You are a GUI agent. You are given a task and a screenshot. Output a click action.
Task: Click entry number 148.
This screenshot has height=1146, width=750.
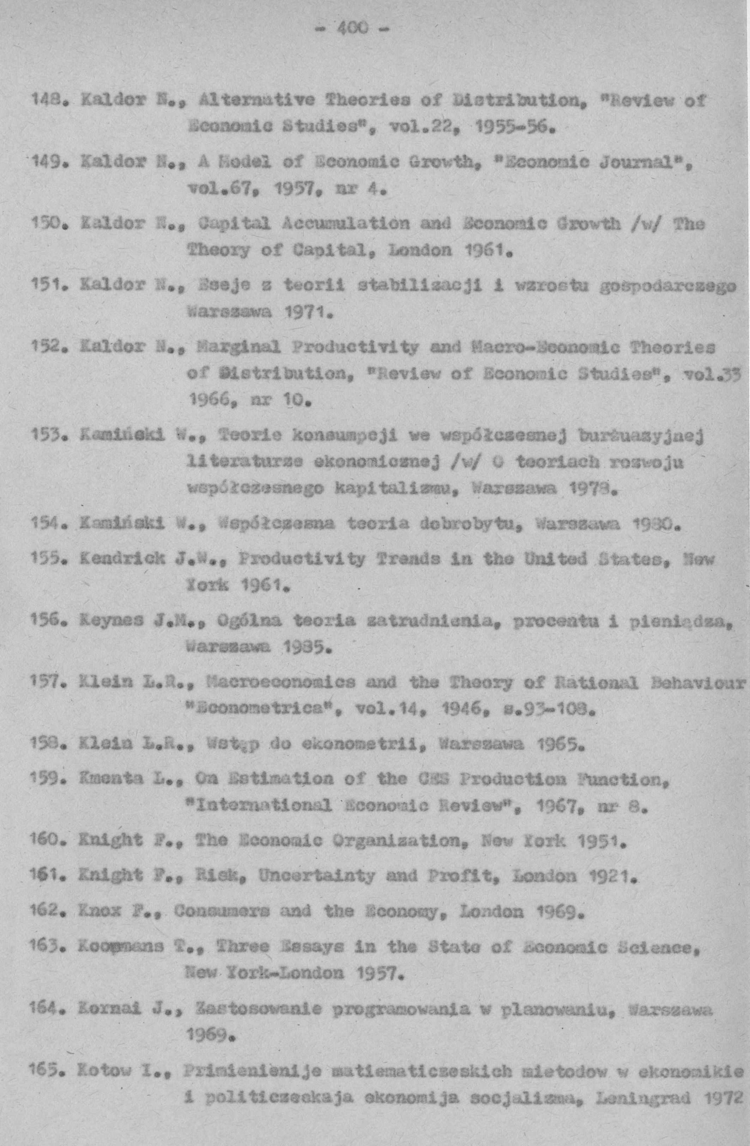coord(44,101)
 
